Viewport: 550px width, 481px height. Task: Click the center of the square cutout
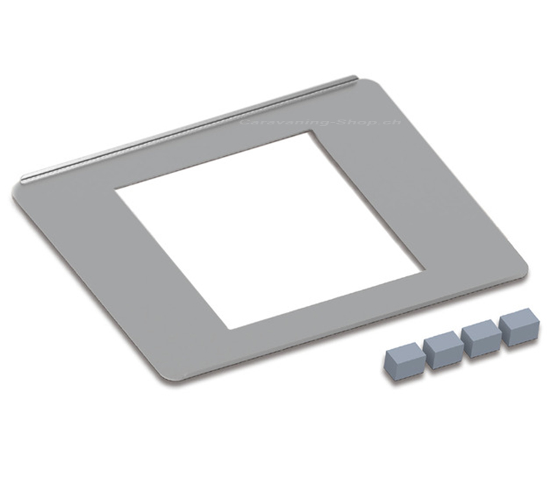pos(270,230)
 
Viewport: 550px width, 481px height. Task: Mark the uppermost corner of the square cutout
pos(311,131)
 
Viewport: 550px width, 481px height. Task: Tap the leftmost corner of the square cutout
pos(115,190)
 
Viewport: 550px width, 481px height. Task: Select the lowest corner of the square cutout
pos(228,329)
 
